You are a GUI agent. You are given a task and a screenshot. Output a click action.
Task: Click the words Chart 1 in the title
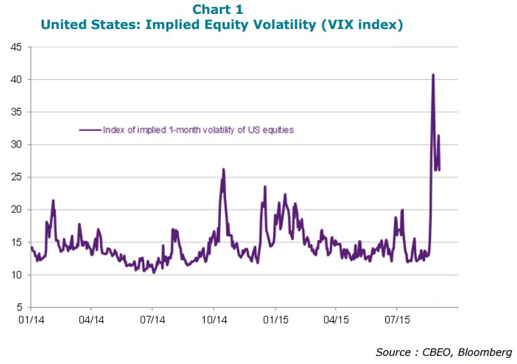218,9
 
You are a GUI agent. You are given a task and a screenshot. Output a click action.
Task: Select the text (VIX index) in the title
362,25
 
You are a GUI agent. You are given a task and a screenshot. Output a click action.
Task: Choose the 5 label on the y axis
19,307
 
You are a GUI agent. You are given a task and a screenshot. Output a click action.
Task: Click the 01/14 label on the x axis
31,320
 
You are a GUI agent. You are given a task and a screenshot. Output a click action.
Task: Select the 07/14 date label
152,320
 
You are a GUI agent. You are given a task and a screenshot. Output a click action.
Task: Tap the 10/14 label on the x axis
214,320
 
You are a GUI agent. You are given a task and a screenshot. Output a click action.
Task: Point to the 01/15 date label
275,320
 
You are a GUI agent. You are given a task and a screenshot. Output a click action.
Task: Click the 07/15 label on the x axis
397,320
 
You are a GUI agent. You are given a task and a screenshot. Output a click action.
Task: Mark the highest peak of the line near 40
433,75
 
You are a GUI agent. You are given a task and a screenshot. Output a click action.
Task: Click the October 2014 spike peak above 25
223,169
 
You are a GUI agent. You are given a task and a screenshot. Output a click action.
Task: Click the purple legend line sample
90,130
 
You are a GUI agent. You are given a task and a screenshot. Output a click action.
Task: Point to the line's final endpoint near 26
439,170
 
